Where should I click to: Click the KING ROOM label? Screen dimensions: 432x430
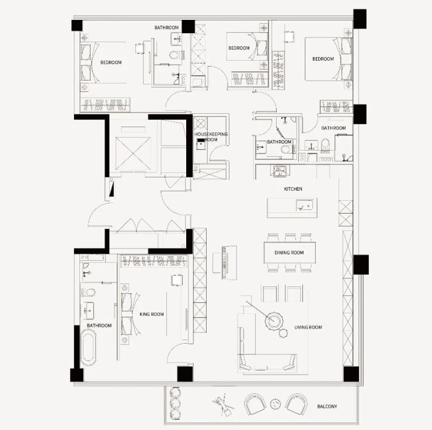pos(152,314)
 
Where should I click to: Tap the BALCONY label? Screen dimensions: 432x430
pos(327,406)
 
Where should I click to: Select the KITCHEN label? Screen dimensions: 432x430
pos(293,189)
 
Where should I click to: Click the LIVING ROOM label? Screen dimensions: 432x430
pos(308,327)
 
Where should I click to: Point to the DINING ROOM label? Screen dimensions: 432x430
pos(289,253)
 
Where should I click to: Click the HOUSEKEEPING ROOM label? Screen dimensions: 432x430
pos(211,137)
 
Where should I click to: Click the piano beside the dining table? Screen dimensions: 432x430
pos(225,263)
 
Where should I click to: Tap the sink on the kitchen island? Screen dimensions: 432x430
pos(304,205)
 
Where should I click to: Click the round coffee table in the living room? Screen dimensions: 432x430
pos(274,320)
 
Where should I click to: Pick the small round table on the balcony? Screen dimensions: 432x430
pos(275,404)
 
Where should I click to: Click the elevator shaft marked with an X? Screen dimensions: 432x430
pos(133,153)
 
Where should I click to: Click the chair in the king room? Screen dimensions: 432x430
pos(177,280)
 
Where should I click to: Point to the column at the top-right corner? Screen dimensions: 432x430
pos(360,19)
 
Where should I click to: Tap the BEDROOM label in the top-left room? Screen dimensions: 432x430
pos(111,62)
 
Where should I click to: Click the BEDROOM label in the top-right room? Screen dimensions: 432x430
pos(323,59)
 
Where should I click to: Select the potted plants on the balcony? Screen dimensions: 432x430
pos(175,403)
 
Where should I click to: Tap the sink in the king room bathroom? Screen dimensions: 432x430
pos(88,310)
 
